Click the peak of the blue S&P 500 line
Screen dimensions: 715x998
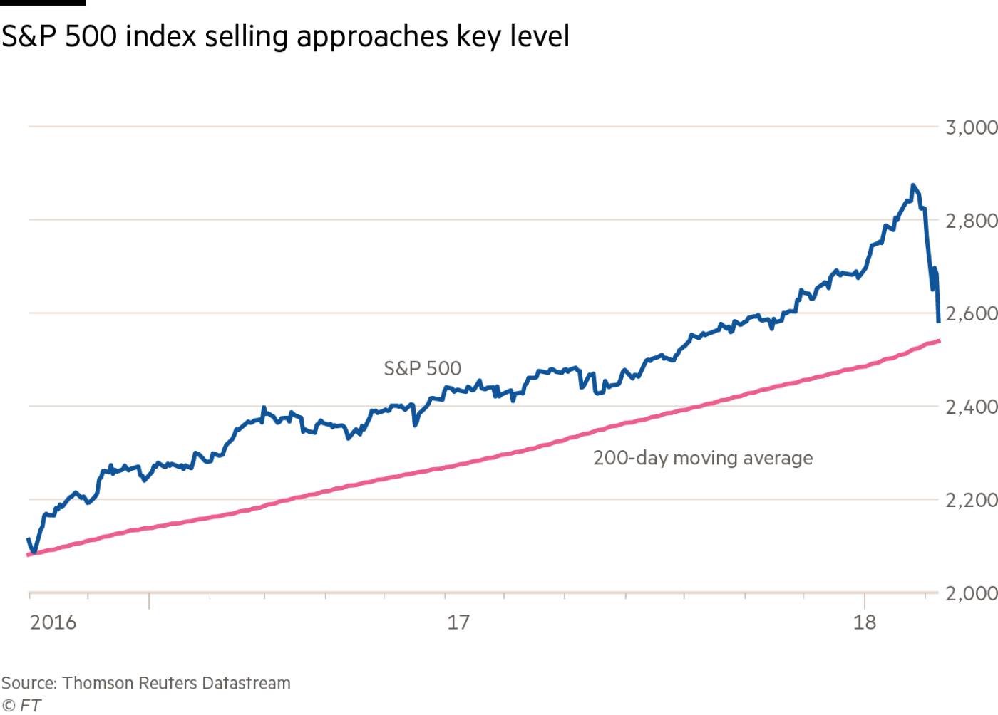[x=912, y=186]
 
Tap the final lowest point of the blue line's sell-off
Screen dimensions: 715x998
[x=939, y=321]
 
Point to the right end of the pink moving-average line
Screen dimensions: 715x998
[x=940, y=341]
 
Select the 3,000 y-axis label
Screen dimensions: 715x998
[x=971, y=128]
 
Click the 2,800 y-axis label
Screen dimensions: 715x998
[x=971, y=221]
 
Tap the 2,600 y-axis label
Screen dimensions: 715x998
[x=971, y=314]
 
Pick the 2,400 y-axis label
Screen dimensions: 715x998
[x=971, y=407]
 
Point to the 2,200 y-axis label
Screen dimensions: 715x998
[x=971, y=501]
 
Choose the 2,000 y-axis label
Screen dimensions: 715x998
[x=971, y=593]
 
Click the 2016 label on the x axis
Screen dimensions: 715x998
[x=52, y=622]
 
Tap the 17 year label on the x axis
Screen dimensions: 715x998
[x=459, y=622]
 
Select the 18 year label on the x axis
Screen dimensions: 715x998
[x=865, y=622]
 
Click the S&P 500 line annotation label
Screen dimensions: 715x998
[x=423, y=368]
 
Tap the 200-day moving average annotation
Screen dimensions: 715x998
[x=702, y=458]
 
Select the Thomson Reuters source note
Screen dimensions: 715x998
[x=146, y=683]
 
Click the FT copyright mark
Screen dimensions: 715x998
[x=20, y=706]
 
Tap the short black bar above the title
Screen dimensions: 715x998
[x=43, y=3]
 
